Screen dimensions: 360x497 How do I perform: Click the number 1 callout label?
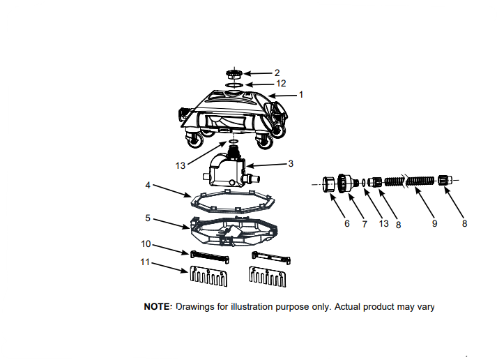[x=302, y=94]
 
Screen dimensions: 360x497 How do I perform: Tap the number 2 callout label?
[x=277, y=73]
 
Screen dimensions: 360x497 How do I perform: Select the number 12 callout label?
[x=281, y=83]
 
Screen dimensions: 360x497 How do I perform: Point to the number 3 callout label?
[x=290, y=163]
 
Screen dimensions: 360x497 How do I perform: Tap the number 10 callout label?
[x=146, y=243]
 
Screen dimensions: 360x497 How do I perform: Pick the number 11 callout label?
[x=145, y=263]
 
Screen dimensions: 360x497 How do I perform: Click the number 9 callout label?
[x=434, y=223]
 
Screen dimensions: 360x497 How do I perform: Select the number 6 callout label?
[x=346, y=223]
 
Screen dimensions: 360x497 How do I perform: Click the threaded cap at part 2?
[x=236, y=73]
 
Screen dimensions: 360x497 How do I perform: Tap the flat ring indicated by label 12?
[x=235, y=84]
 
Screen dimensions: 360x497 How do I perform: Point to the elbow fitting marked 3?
[x=227, y=170]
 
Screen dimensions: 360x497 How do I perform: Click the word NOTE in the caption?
[x=158, y=306]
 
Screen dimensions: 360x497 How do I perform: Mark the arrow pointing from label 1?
[x=283, y=95]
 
